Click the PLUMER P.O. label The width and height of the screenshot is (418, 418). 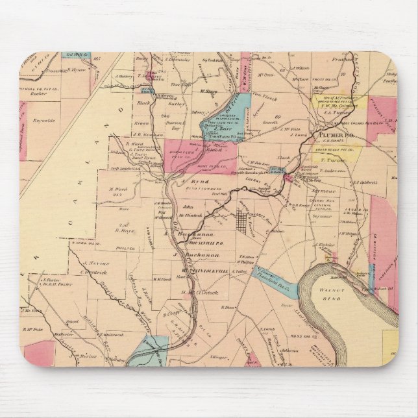point(332,134)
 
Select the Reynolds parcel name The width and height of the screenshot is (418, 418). point(43,120)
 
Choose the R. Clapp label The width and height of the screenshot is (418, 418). point(170,311)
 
